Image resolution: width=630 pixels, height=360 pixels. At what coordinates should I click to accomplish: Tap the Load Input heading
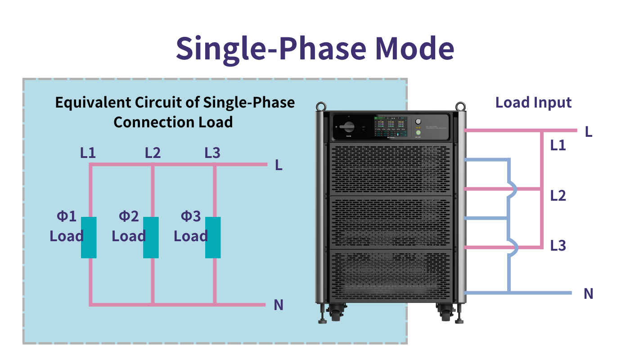pos(533,102)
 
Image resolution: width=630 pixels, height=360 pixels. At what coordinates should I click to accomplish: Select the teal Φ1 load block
pos(89,237)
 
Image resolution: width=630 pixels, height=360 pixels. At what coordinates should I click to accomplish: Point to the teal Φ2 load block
pos(151,237)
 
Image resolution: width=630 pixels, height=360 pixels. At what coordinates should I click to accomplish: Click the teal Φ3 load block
pos(213,237)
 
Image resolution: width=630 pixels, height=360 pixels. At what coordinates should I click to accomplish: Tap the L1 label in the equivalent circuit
pos(88,153)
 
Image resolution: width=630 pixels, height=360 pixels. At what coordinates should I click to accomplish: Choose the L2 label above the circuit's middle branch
pos(153,153)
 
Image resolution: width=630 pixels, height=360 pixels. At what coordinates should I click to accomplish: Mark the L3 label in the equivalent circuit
pos(212,153)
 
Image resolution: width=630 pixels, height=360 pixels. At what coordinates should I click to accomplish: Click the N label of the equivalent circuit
pos(279,305)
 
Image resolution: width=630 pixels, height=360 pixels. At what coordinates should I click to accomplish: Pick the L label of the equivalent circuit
pos(279,166)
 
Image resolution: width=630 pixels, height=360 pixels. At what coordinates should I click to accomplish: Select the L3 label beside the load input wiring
pos(558,246)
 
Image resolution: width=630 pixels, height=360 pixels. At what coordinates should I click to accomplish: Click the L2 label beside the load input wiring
pos(558,196)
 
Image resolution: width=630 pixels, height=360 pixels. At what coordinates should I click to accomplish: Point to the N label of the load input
pos(588,294)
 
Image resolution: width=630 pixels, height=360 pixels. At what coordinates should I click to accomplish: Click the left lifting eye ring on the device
pos(320,107)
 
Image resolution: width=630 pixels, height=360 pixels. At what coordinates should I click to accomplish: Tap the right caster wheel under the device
pos(445,312)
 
